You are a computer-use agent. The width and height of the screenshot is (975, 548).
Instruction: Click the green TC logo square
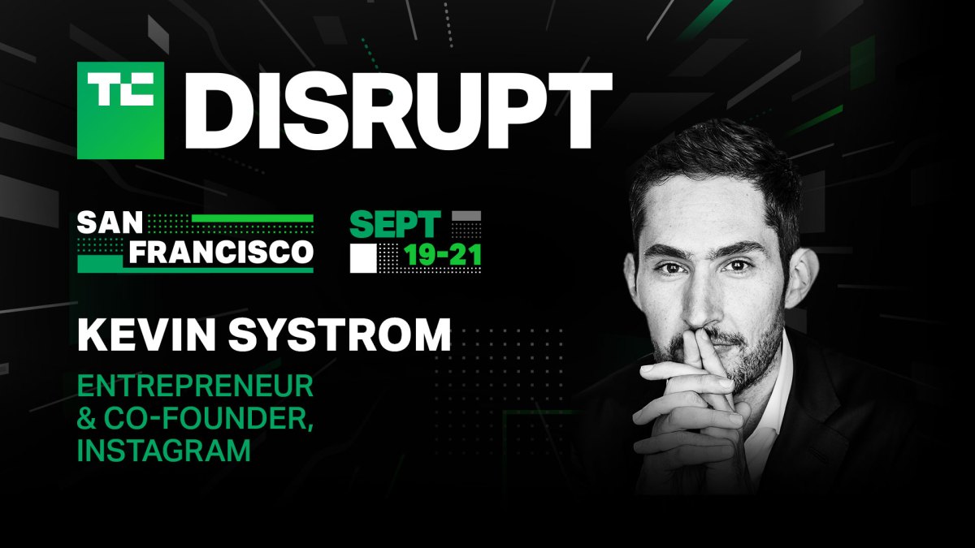pyautogui.click(x=120, y=110)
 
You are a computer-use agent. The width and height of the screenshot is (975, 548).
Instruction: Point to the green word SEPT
pyautogui.click(x=395, y=224)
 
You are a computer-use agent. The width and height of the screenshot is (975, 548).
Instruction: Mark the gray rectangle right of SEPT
pyautogui.click(x=466, y=217)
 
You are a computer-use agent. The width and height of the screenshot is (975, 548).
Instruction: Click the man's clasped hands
pyautogui.click(x=691, y=406)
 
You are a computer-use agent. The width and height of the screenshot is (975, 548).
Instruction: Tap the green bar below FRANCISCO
pyautogui.click(x=195, y=270)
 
